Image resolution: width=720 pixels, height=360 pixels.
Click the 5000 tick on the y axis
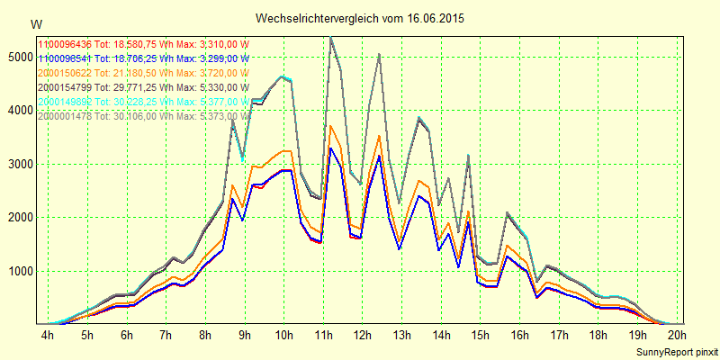click(x=18, y=57)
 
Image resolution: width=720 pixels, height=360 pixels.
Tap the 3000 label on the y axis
click(x=18, y=164)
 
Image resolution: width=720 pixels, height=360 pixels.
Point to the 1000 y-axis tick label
click(x=18, y=271)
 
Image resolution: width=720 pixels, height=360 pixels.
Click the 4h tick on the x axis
click(x=48, y=336)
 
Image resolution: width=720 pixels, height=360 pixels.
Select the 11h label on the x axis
click(x=323, y=336)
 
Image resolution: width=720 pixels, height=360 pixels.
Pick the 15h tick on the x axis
click(x=481, y=336)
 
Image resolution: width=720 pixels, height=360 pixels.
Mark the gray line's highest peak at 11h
click(x=330, y=37)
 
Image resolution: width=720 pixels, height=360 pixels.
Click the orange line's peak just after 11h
click(x=330, y=126)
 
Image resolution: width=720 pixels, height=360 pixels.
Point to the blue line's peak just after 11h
click(x=330, y=148)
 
